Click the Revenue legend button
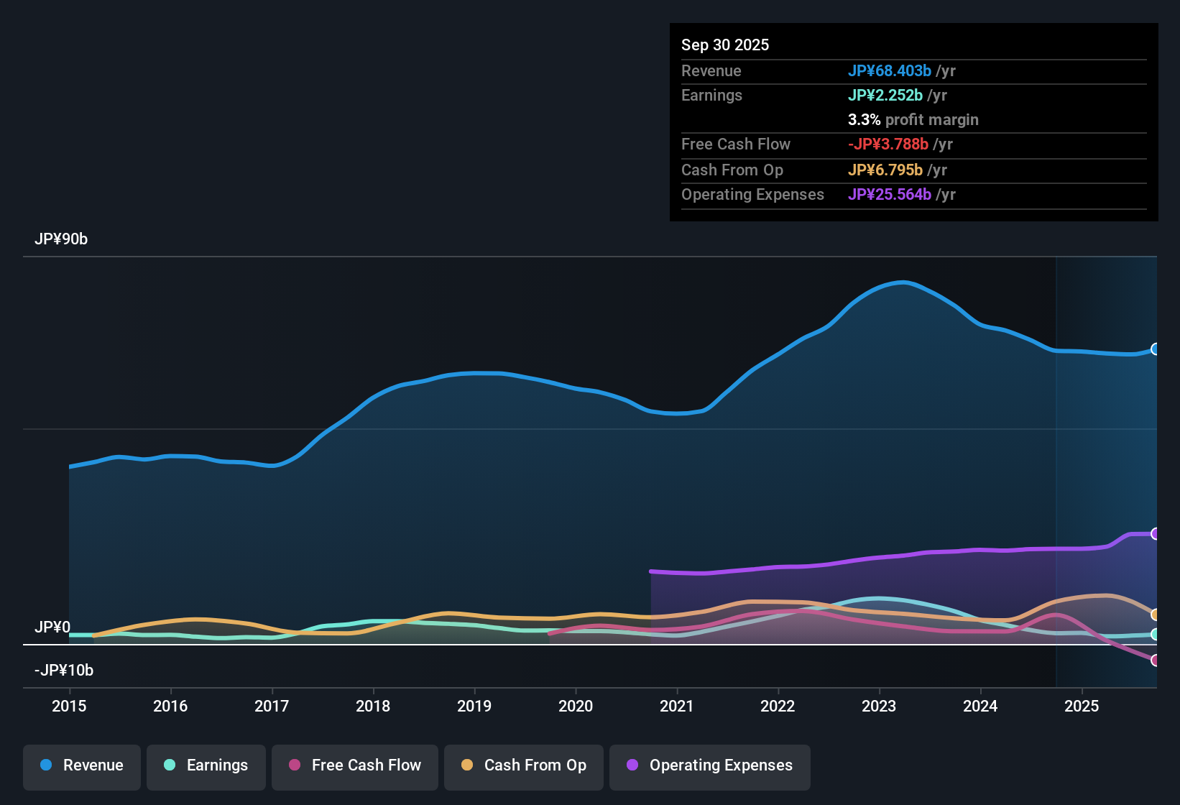coord(82,765)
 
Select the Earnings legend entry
coord(206,765)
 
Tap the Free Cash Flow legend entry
coord(355,765)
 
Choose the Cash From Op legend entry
coord(524,765)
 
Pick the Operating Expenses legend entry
coord(710,765)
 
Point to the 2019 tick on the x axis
coord(474,706)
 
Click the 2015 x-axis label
coord(69,706)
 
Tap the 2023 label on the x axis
coord(879,706)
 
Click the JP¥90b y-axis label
coord(61,239)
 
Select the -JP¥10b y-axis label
coord(64,671)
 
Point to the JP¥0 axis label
coord(52,627)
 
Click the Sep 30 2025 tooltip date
coord(725,45)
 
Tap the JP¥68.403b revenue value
coord(889,71)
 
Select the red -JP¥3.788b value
coord(888,144)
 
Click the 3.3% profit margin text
coord(913,120)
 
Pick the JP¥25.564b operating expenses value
coord(889,195)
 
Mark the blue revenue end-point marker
coord(1155,349)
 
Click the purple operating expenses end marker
coord(1155,533)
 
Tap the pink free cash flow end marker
coord(1155,660)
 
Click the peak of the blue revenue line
coord(902,282)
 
